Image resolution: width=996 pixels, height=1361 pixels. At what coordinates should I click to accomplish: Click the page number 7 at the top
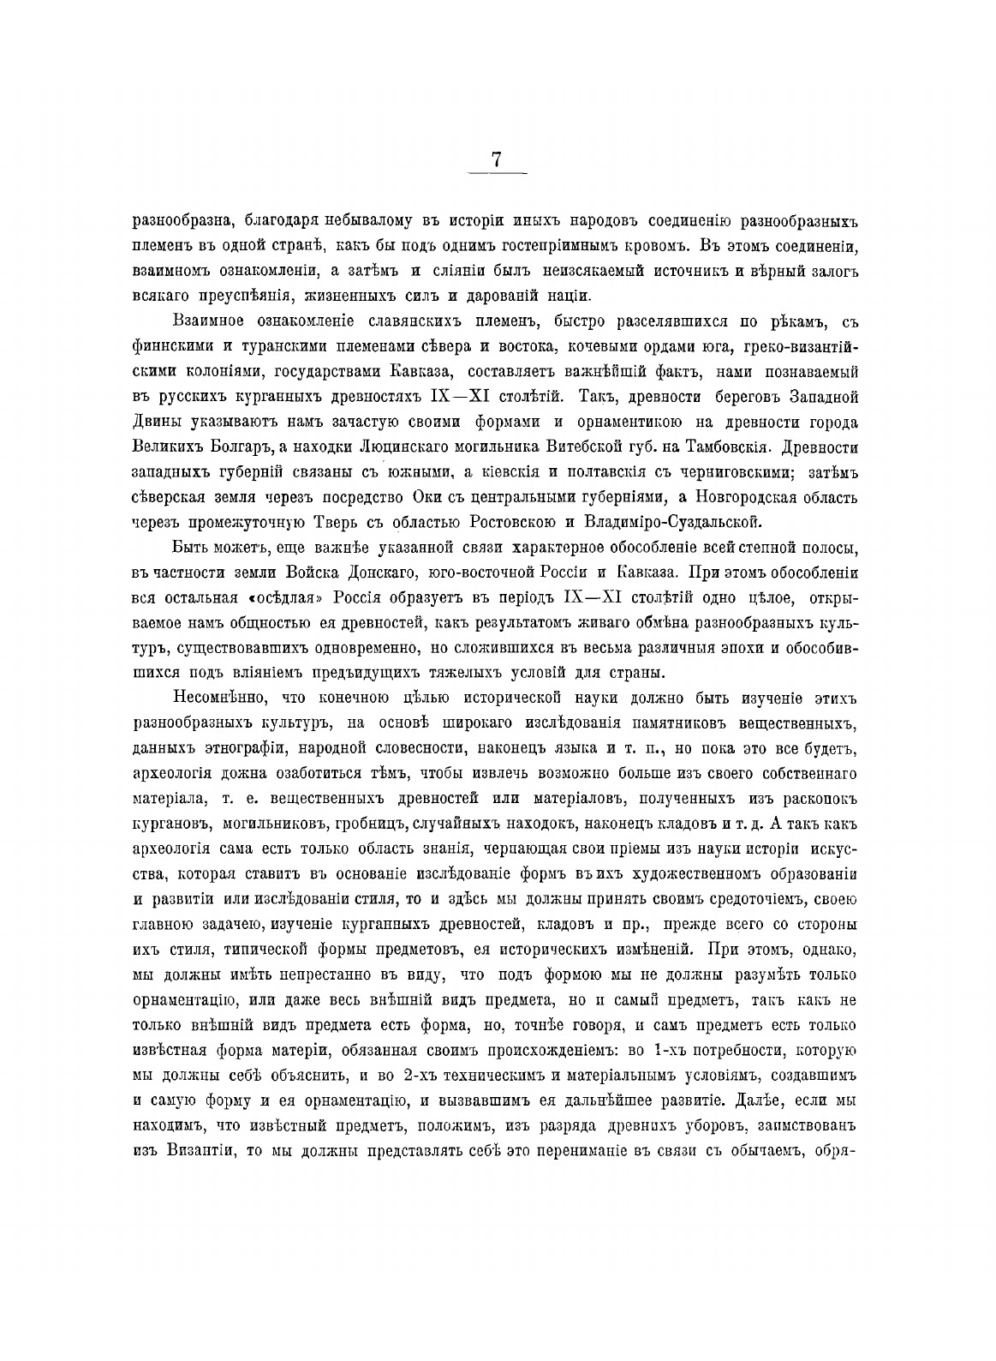point(497,159)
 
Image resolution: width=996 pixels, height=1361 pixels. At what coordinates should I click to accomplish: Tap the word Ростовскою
point(517,522)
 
